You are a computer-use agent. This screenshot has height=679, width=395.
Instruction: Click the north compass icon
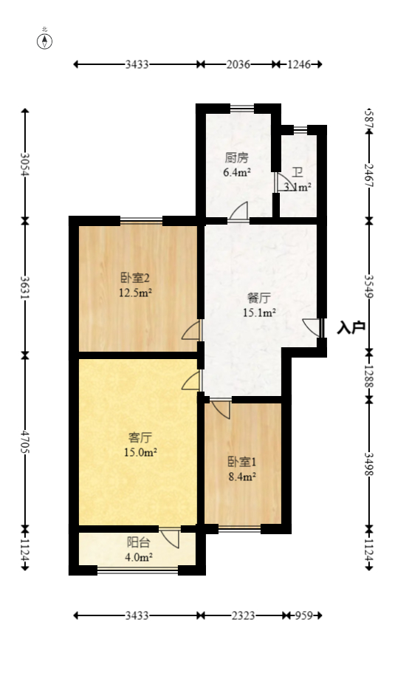(x=45, y=41)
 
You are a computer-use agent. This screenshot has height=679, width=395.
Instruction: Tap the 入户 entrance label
(x=351, y=327)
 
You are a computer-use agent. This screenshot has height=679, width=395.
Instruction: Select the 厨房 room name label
(x=236, y=158)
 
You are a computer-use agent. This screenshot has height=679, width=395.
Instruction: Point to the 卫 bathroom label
(x=297, y=173)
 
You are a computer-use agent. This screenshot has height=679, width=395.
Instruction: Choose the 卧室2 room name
(x=136, y=279)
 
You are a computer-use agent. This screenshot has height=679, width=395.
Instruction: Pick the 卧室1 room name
(x=241, y=463)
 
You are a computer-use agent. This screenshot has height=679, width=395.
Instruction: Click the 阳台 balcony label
(x=138, y=542)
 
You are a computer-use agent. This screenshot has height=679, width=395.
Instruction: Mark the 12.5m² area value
(x=136, y=293)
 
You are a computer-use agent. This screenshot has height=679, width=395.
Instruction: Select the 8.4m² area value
(x=241, y=477)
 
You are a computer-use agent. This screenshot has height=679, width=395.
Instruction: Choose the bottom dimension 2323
(x=241, y=615)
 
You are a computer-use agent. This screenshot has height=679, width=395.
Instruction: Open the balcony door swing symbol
(x=171, y=537)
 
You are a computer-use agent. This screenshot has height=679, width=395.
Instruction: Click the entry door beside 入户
(x=314, y=327)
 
